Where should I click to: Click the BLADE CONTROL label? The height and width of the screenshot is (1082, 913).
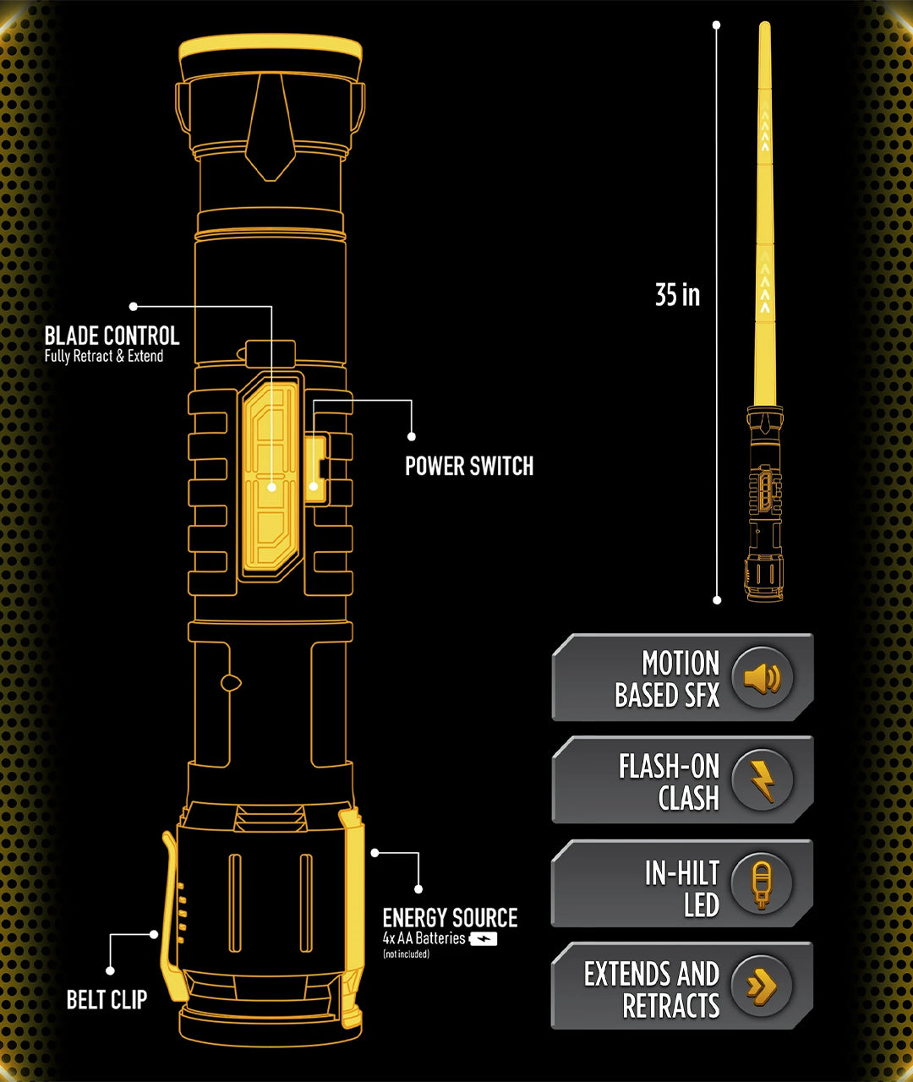click(112, 336)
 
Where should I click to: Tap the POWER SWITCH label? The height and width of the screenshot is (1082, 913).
click(469, 466)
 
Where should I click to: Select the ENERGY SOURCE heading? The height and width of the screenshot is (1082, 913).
click(450, 918)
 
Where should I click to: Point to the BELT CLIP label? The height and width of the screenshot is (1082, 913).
click(107, 1000)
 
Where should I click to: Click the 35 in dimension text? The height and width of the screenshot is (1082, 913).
click(677, 295)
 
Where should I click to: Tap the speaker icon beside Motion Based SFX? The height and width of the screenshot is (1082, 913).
click(763, 677)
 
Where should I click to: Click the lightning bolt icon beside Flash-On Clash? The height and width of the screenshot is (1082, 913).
click(763, 779)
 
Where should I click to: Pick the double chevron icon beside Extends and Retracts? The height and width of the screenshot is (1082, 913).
click(763, 986)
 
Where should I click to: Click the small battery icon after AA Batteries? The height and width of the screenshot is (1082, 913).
click(484, 938)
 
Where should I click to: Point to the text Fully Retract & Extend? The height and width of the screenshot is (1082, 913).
click(104, 356)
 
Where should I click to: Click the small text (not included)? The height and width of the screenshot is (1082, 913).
click(406, 954)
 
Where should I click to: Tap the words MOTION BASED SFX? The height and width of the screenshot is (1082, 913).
click(668, 679)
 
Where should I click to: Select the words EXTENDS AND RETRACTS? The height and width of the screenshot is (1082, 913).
click(652, 989)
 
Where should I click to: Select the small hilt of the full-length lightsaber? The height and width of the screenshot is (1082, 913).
click(764, 503)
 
